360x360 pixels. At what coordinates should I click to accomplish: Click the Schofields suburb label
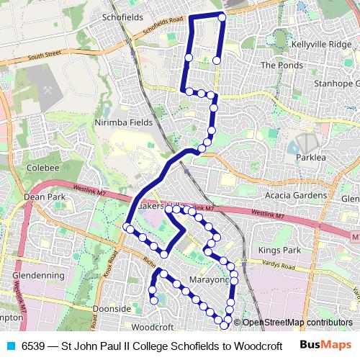click(123, 16)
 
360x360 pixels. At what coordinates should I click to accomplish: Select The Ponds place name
click(277, 65)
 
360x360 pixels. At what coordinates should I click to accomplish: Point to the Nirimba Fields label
click(123, 122)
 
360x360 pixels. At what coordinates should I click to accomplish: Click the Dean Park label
click(44, 197)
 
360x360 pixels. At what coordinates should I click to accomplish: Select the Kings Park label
click(278, 250)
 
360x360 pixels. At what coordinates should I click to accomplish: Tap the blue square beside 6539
click(11, 346)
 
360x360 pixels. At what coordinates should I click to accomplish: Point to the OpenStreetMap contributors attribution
click(297, 323)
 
